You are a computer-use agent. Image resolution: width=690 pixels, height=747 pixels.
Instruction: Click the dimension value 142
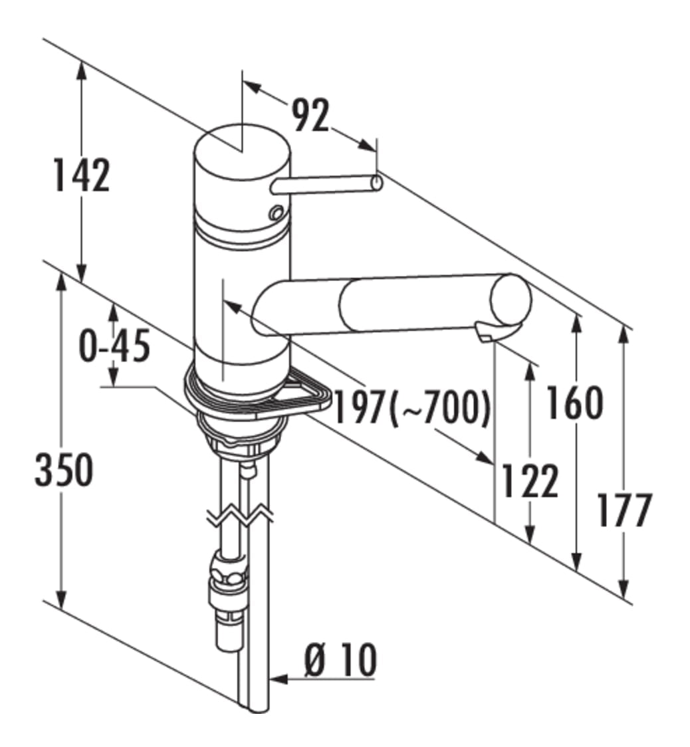(x=82, y=175)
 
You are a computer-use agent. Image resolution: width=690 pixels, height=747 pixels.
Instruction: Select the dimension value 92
(x=310, y=115)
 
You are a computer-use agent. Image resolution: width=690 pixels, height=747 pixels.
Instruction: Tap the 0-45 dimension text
(x=114, y=346)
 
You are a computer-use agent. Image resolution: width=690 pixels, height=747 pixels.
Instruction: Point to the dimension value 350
(x=64, y=470)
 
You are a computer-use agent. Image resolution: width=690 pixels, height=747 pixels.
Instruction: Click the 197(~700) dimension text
(x=412, y=407)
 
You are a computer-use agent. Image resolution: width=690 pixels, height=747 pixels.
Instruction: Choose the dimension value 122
(x=530, y=481)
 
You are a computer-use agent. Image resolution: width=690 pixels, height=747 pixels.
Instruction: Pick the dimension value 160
(x=575, y=403)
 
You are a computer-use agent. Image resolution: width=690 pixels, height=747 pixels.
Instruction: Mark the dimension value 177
(x=624, y=510)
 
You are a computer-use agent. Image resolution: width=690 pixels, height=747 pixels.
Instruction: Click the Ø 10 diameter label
(x=340, y=660)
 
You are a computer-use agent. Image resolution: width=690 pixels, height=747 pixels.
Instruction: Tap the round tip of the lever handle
(x=376, y=183)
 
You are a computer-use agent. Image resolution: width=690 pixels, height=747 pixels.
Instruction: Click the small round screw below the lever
(x=277, y=213)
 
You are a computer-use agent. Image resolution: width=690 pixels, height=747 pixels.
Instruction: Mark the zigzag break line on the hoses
(x=240, y=516)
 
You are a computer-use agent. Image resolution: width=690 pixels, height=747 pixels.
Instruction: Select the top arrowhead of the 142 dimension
(x=82, y=70)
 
